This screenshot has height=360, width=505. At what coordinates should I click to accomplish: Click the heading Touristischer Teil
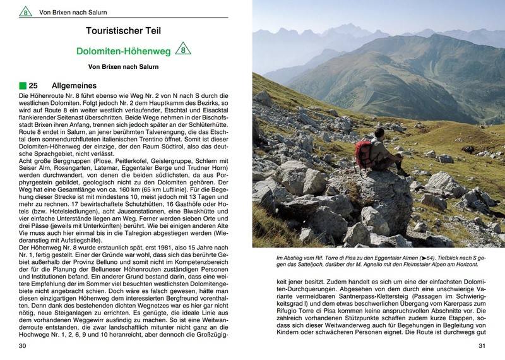123,30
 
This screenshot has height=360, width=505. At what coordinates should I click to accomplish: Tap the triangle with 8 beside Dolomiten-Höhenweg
182,49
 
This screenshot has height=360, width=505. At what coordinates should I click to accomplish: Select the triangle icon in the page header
25,11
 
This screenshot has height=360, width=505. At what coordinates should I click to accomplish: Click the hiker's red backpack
364,155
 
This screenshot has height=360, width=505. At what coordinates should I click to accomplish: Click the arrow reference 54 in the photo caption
429,258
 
